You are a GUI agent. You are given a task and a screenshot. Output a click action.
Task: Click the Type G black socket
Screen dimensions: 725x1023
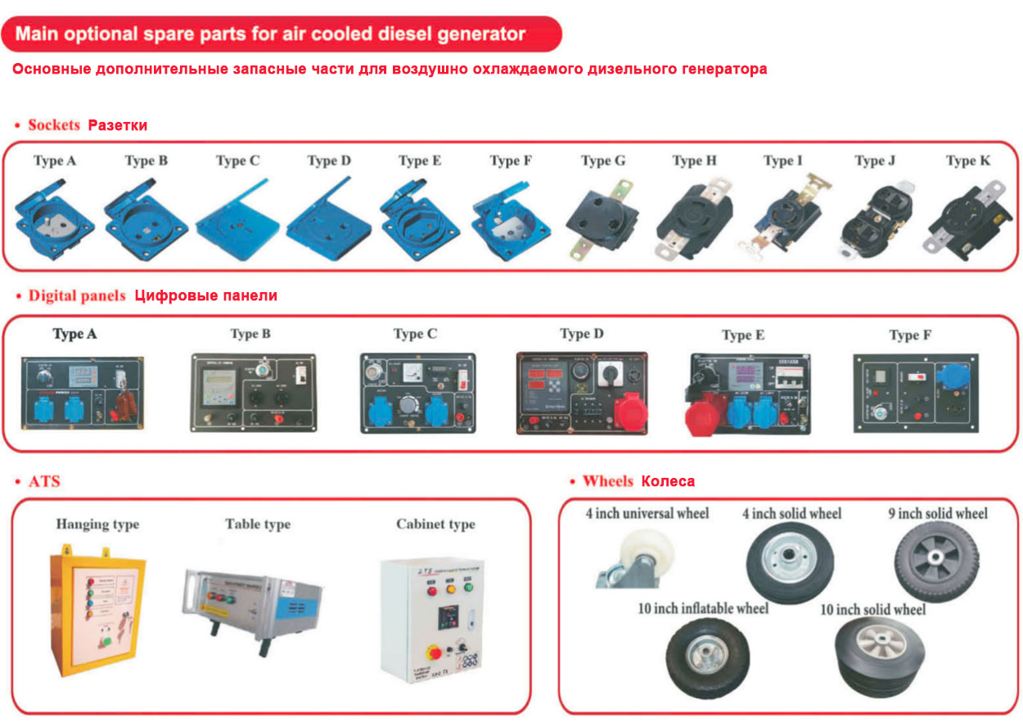coord(602,221)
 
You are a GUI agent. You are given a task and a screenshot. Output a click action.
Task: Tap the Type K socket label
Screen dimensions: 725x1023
coord(967,161)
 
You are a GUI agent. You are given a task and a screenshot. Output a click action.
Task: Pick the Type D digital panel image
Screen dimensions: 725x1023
coord(581,392)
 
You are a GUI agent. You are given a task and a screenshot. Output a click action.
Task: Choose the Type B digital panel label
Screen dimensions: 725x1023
coord(250,334)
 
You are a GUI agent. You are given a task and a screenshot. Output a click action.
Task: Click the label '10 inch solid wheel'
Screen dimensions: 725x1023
coord(872,610)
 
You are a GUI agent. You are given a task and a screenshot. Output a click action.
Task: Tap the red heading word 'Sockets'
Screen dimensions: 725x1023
coord(54,125)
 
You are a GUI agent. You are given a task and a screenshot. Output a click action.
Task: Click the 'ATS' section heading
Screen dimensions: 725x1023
coord(44,481)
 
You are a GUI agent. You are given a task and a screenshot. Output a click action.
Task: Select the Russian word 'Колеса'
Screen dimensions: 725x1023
coord(668,481)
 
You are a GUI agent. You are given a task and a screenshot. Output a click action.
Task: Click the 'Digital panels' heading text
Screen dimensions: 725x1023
coord(77,295)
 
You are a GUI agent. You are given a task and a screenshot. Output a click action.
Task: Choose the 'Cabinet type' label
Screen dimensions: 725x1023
coord(435,525)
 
